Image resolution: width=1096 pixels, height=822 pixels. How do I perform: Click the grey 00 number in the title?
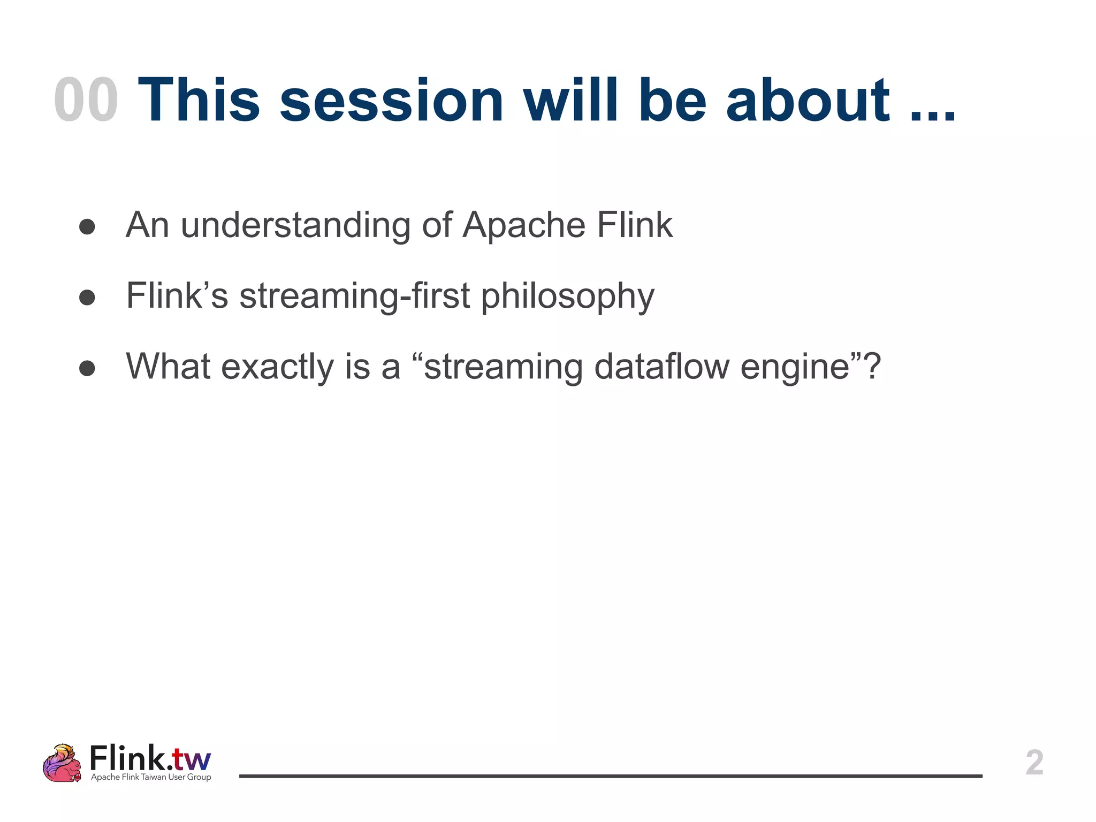(x=86, y=101)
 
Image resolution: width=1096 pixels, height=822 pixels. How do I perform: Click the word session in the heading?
(x=391, y=101)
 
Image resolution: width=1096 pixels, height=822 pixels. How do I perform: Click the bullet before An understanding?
(x=87, y=227)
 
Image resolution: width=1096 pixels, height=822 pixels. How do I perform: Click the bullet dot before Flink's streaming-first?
(x=87, y=298)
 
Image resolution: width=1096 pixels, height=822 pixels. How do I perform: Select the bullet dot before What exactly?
(x=87, y=368)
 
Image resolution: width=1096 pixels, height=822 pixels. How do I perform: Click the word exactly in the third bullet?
(x=278, y=368)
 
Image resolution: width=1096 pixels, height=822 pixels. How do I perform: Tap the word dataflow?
(x=661, y=367)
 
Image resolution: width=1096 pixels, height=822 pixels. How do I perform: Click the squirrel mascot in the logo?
(x=63, y=763)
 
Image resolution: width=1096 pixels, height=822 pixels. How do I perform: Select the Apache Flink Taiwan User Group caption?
(x=151, y=777)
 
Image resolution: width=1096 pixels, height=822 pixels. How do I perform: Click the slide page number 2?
(x=1034, y=763)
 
